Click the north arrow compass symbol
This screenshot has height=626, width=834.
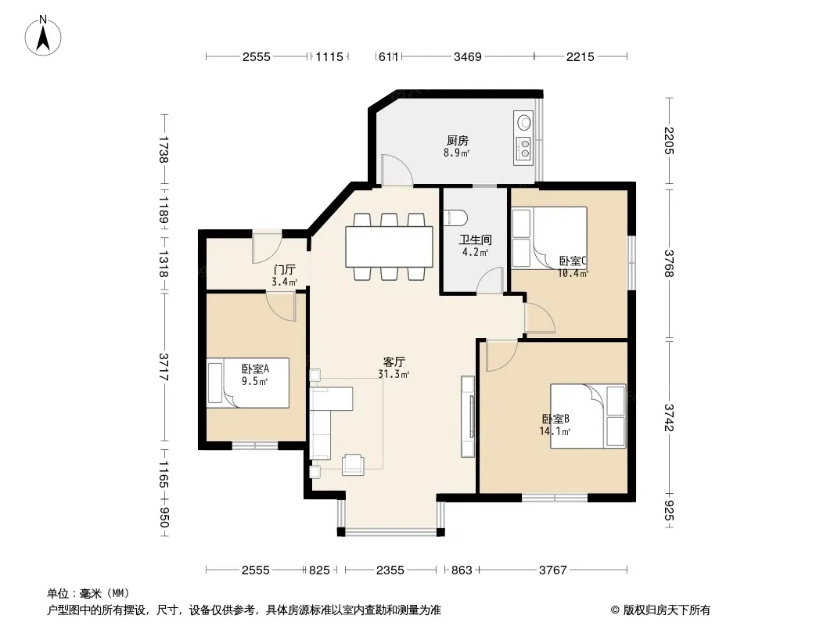pos(43,36)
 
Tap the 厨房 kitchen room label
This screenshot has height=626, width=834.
pos(458,141)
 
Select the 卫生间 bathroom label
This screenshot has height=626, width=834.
pos(475,240)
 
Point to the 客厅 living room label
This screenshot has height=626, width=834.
pos(394,362)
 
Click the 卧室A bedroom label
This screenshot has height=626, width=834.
pos(255,369)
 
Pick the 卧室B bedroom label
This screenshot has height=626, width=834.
pos(555,419)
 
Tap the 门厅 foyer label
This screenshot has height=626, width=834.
pos(284,270)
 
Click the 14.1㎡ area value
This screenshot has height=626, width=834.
pos(555,431)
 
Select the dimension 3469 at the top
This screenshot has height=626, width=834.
pos(468,56)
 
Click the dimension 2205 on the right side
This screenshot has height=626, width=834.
pos(669,140)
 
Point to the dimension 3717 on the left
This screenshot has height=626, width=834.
pos(164,367)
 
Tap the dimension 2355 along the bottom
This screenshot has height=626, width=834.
pos(390,570)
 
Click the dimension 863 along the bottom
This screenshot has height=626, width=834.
pos(462,570)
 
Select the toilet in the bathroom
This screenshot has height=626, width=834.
pos(456,217)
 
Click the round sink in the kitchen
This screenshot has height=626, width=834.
pos(524,122)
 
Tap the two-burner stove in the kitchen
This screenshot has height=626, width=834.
pos(524,149)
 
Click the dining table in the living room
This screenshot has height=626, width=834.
pos(390,246)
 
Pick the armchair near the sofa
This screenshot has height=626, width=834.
pos(353,464)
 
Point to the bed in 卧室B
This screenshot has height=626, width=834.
pos(588,416)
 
